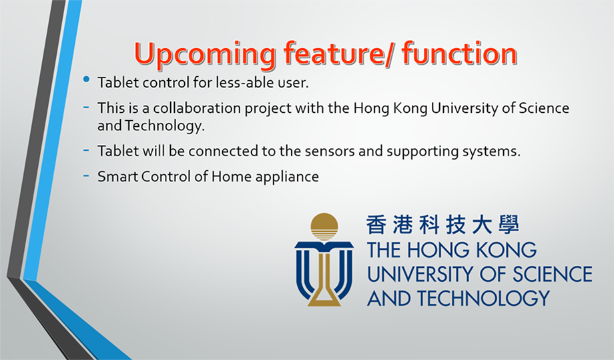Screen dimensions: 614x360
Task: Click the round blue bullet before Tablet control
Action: [87, 79]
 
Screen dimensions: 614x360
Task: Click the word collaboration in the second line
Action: [197, 108]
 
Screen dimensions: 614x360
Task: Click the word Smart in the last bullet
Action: [117, 176]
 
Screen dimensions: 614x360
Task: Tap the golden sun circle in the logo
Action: [324, 226]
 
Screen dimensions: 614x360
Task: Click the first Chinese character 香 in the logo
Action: [376, 224]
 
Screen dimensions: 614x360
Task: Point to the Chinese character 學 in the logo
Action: [509, 224]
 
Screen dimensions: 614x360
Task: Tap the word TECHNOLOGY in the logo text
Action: [483, 299]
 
